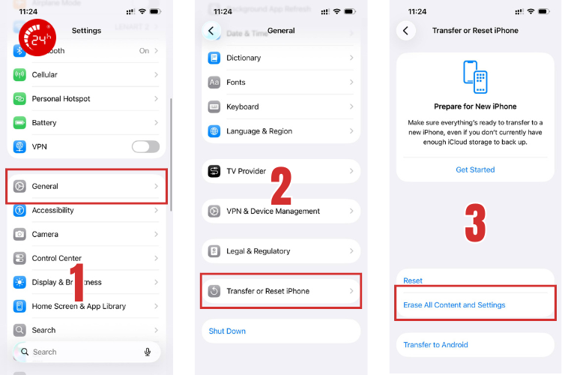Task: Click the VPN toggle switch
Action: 145,146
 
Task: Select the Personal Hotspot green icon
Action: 19,99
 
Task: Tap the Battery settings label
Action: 44,123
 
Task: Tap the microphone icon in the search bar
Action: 148,352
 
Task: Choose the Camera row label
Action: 45,234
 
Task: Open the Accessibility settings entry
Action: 52,211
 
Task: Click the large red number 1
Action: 78,281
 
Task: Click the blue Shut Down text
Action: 227,331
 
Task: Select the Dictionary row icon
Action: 214,58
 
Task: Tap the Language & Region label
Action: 259,131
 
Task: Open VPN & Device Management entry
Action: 273,211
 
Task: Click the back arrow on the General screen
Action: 212,31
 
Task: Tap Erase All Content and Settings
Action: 454,305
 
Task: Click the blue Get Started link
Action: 475,169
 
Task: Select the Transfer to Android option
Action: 435,345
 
